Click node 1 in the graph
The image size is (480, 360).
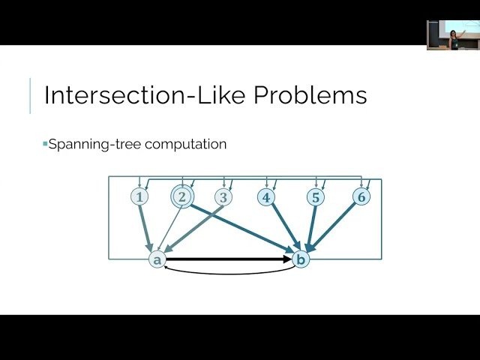(139, 197)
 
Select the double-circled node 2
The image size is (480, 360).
(181, 196)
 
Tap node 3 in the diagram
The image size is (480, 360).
(223, 197)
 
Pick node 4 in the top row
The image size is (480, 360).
(265, 197)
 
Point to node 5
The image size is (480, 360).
(316, 197)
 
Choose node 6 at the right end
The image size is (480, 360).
(361, 196)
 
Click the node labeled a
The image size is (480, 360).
(157, 259)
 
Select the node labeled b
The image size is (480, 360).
(301, 259)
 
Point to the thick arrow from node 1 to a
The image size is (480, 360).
(146, 226)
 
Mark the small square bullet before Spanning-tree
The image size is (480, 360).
(45, 143)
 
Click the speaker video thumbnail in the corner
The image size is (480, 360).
(453, 34)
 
